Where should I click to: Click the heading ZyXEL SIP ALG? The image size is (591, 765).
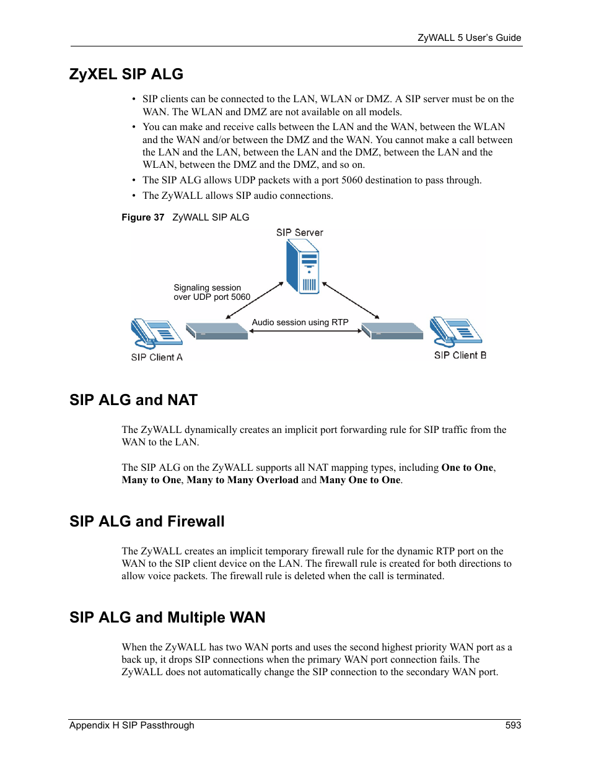coord(126,74)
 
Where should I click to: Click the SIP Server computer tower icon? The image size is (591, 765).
coord(302,267)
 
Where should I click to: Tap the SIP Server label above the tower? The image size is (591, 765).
coord(300,233)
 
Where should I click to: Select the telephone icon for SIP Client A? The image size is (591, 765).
coord(155,333)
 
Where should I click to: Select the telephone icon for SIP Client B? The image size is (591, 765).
coord(455,331)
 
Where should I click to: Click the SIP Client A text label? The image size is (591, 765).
coord(157,357)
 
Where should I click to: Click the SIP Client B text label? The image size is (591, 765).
coord(460,356)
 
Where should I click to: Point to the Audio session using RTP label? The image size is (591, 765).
coord(300,322)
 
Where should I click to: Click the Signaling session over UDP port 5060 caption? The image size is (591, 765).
coord(211,292)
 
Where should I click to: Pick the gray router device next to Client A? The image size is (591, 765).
coord(217,331)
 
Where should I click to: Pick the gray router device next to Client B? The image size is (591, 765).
coord(393,331)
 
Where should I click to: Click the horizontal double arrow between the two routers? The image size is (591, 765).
coord(305,331)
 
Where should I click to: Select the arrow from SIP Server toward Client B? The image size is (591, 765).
coord(350,300)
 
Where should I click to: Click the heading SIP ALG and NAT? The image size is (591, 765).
coord(133,400)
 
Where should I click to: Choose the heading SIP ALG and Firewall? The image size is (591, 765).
coord(147,522)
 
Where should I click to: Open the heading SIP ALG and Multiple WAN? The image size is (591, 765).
coord(167,618)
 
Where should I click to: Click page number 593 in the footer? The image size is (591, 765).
coord(513,725)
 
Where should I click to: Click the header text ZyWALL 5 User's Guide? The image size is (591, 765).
coord(469,38)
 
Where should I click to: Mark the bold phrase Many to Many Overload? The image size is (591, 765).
coord(242,480)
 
